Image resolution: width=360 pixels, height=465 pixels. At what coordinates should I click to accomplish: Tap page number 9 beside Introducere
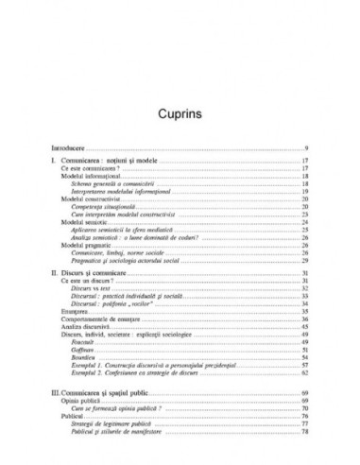tap(308, 148)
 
